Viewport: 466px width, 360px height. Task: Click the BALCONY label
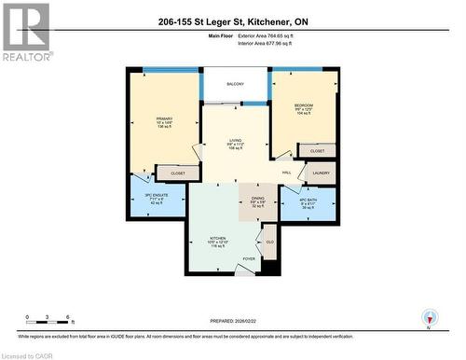(234, 84)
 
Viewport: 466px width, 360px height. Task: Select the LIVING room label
(236, 143)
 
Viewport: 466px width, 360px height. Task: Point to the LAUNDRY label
(322, 173)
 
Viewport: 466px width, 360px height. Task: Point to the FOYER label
(249, 258)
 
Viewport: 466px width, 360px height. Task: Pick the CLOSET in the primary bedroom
(177, 173)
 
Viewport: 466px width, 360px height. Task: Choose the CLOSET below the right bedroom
(317, 150)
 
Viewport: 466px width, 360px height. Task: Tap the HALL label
(287, 173)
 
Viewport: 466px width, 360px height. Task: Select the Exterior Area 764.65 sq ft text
(271, 35)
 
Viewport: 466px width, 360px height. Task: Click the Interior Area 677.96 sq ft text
(271, 43)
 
